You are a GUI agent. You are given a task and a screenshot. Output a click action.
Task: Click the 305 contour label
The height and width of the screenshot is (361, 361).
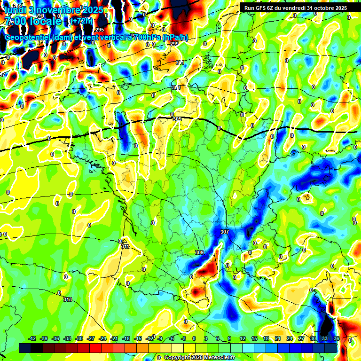pos(177,119)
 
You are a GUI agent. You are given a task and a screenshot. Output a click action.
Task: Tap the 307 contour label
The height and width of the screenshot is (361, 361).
pos(224,232)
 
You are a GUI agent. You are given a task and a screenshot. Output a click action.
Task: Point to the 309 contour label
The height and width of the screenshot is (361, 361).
pos(199,252)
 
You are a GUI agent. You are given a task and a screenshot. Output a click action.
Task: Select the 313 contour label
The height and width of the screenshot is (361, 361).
pos(68,299)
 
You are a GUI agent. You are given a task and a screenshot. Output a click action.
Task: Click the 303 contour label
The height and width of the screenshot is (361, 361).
pos(176,87)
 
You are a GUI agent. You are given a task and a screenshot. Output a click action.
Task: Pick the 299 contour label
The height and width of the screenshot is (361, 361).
pos(174,44)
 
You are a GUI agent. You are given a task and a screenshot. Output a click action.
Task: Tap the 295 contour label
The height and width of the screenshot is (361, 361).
pos(100,56)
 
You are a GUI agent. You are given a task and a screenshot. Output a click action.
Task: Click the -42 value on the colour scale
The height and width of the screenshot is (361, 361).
pos(32,338)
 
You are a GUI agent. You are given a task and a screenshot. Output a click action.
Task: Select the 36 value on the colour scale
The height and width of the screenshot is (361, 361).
pos(337,338)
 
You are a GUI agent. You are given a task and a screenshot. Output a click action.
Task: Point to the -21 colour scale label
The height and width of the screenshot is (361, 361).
pos(114,338)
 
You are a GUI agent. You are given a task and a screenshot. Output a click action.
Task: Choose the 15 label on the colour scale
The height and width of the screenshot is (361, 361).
pos(254,338)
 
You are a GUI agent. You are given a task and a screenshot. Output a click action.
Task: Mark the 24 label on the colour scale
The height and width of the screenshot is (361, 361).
pos(290,338)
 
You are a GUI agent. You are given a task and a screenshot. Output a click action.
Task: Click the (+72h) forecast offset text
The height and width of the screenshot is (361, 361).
pos(83,21)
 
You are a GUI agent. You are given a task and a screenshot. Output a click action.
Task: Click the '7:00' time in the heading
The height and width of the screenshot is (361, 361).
pos(15,21)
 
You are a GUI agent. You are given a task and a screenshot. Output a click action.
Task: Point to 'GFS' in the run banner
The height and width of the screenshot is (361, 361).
pos(261,8)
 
